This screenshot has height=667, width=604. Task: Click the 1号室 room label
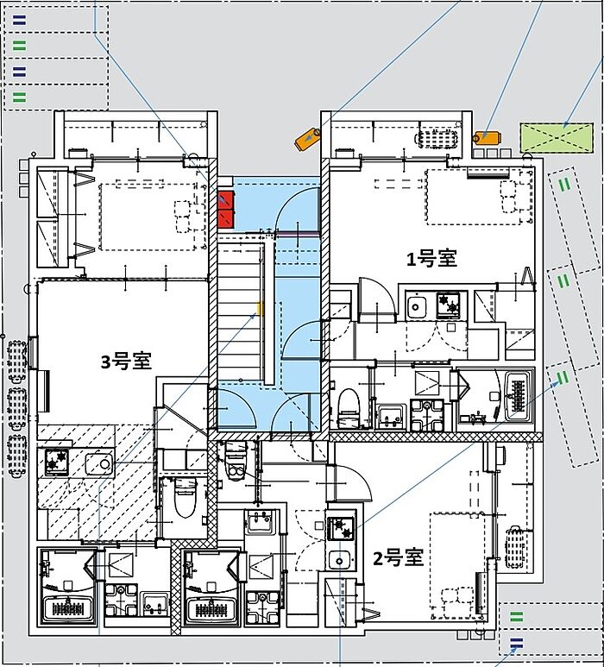point(431,259)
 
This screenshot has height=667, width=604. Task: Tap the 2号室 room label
point(398,557)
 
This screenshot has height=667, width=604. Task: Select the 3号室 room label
point(126,362)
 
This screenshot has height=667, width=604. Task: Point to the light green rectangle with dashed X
point(557,138)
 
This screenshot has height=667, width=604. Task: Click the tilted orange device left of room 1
point(308,138)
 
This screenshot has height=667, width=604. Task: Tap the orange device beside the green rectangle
point(488,137)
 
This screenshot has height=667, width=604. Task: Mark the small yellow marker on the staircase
point(261,308)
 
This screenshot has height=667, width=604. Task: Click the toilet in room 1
point(349,407)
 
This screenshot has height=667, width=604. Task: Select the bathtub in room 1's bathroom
point(518,396)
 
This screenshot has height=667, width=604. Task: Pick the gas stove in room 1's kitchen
point(450,305)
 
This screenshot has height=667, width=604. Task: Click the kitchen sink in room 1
point(416,305)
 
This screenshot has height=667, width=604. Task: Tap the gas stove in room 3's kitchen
point(57,461)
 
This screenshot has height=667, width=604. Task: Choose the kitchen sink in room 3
point(99,463)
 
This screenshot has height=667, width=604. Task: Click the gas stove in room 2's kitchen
point(341,528)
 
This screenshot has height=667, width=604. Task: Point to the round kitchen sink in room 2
point(339,560)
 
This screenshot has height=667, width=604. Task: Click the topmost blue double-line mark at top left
point(19,20)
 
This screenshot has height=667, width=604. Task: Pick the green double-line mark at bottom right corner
point(516,616)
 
